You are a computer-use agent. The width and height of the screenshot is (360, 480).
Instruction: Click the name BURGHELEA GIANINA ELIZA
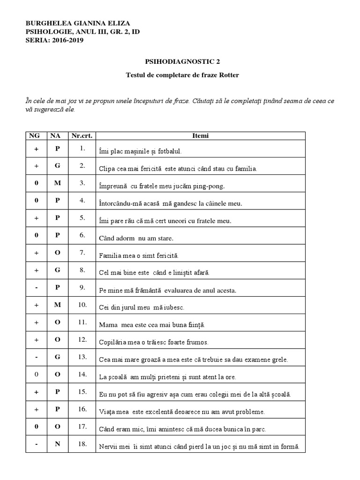tap(77, 23)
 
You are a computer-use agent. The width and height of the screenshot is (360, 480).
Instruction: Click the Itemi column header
tap(201, 136)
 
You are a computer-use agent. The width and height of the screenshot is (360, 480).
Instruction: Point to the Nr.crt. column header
tap(82, 136)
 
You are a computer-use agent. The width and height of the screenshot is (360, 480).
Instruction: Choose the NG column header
tap(36, 136)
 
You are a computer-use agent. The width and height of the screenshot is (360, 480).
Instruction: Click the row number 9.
tap(82, 287)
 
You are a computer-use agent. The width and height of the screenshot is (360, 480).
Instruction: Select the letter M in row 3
tap(58, 183)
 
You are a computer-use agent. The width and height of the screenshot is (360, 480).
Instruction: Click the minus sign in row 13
tap(36, 357)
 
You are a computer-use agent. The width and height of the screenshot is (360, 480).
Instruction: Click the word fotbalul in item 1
tap(167, 151)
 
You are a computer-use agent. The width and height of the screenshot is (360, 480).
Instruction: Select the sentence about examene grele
tap(193, 360)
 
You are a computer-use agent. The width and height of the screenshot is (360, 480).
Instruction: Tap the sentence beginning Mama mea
tap(152, 325)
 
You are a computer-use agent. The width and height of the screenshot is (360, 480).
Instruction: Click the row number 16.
tap(82, 409)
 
